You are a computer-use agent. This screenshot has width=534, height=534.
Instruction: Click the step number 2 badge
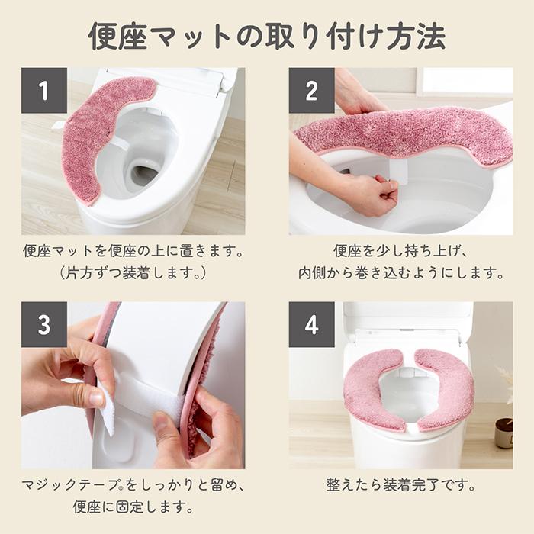(311, 91)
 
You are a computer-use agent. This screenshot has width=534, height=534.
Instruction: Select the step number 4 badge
(311, 324)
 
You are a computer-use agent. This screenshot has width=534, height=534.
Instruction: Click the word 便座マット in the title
(157, 35)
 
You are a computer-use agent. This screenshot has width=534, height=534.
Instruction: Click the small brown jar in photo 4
(503, 432)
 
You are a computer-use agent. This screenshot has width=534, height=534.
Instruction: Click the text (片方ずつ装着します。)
(133, 273)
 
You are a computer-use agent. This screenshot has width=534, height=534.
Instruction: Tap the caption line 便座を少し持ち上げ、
(400, 250)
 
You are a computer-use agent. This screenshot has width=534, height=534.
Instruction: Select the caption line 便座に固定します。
(133, 507)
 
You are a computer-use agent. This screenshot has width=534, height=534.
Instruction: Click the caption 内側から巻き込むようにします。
(400, 273)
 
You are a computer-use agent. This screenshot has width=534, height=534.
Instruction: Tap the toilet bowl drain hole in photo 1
(143, 175)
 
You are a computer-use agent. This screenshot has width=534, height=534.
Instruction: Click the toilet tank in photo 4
(407, 320)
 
